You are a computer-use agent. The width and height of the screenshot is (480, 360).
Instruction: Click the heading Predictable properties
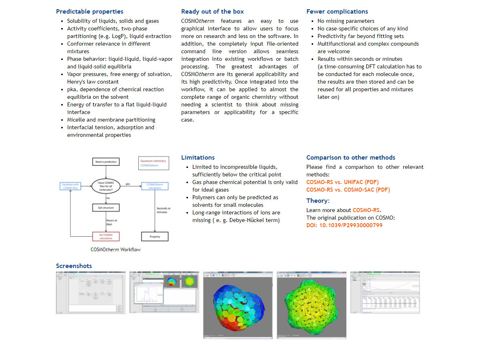[x=90, y=12]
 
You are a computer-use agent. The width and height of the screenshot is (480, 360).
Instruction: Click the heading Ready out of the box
[x=212, y=12]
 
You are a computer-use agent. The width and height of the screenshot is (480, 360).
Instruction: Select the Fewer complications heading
[x=337, y=12]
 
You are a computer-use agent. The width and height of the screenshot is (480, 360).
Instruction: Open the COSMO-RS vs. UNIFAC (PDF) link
[x=342, y=182]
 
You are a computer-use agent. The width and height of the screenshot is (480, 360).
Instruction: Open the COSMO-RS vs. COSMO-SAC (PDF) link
[x=348, y=190]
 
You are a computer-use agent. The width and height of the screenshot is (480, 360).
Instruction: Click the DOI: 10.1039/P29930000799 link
[x=344, y=225]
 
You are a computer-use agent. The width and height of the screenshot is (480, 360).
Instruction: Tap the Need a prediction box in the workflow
[x=106, y=162]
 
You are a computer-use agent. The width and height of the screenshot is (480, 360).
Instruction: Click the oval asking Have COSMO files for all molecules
[x=106, y=186]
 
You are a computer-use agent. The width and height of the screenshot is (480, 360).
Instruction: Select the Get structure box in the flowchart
[x=106, y=208]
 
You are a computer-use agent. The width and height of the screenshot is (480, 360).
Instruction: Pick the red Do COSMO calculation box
[x=106, y=236]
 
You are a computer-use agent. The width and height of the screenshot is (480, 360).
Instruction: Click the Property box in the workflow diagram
[x=155, y=236]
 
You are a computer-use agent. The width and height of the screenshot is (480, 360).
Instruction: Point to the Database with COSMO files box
[x=70, y=186]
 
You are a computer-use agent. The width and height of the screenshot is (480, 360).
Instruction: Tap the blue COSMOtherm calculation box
[x=155, y=186]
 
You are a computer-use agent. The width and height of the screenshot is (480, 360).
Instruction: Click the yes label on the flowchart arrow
[x=128, y=184]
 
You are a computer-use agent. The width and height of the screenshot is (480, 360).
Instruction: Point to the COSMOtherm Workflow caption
[x=116, y=250]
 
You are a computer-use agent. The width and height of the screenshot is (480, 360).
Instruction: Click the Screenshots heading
[x=74, y=266]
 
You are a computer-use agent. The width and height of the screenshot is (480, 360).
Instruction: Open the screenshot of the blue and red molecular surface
[x=238, y=305]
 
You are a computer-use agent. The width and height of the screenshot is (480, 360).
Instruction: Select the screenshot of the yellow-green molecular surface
[x=311, y=305]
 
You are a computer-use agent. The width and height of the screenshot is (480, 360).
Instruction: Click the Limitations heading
[x=198, y=158]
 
